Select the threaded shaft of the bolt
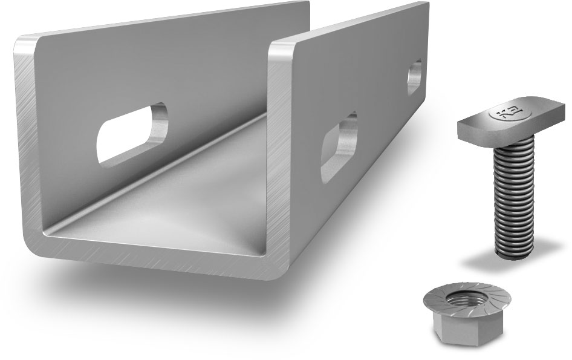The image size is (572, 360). (x=513, y=194)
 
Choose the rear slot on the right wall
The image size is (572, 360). (x=414, y=76)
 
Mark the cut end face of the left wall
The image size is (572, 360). (x=27, y=139)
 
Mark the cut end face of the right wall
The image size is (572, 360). (x=279, y=151)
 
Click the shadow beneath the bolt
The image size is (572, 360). (x=514, y=260)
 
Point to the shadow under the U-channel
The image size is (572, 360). (x=181, y=303)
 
